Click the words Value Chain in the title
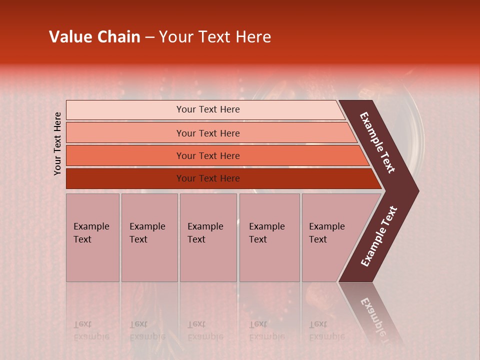[94, 37]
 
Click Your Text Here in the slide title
[215, 37]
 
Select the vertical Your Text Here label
[57, 143]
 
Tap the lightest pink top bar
[125, 110]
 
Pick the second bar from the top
[125, 133]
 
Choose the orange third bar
[125, 155]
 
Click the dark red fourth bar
[125, 178]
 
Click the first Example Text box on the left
[92, 237]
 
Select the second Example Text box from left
[149, 237]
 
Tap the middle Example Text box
[208, 237]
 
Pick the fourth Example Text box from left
[269, 237]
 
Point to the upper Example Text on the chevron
[377, 142]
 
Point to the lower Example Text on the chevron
[379, 236]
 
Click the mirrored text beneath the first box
[91, 330]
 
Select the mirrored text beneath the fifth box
[326, 330]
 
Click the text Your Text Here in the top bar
[208, 109]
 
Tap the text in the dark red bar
[208, 178]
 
